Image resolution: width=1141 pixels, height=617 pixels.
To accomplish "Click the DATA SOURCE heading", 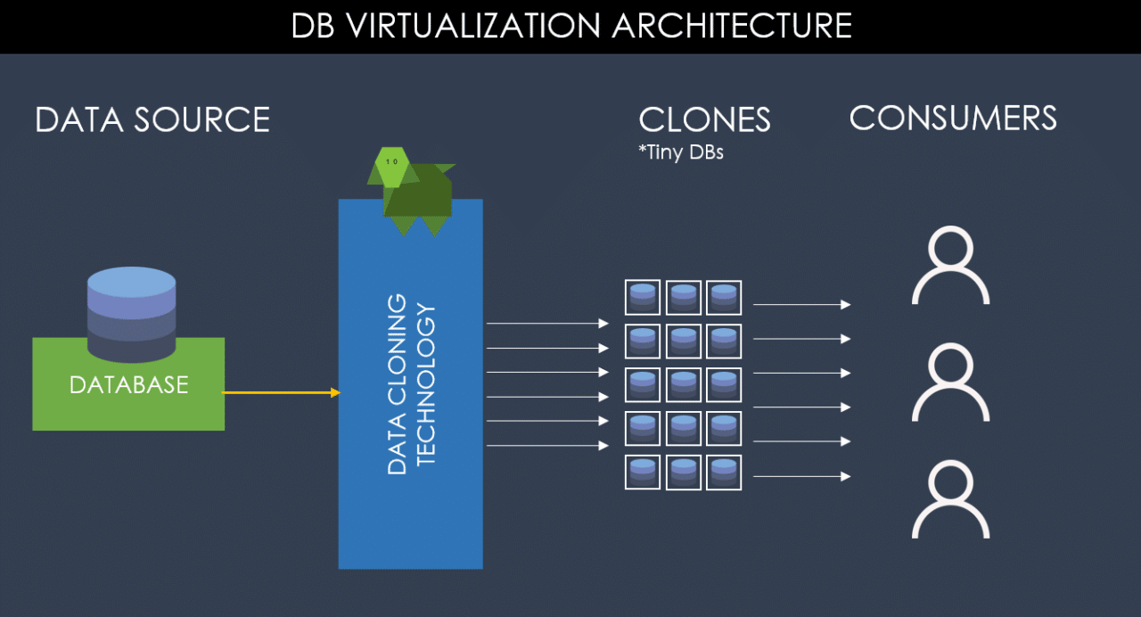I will click(x=152, y=119).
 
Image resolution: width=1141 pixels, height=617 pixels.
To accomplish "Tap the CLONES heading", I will click(x=704, y=120).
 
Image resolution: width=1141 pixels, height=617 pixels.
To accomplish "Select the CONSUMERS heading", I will click(x=952, y=118).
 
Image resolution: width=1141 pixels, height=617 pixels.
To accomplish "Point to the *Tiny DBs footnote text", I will click(x=681, y=152).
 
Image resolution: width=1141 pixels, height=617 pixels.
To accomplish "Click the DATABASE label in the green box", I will click(x=129, y=385).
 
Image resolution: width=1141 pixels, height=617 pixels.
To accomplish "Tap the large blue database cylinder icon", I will click(x=131, y=312).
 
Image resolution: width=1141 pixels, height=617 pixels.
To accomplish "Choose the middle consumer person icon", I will click(x=950, y=383).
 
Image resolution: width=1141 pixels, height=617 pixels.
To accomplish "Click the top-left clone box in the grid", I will click(x=642, y=298).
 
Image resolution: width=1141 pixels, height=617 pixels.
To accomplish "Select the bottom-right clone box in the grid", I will click(x=724, y=473).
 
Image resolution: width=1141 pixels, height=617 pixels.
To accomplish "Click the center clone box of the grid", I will click(x=683, y=385).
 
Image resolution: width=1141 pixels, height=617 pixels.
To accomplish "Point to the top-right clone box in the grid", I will click(x=724, y=298).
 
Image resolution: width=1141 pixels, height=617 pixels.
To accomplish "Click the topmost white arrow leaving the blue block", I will click(x=546, y=324).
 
